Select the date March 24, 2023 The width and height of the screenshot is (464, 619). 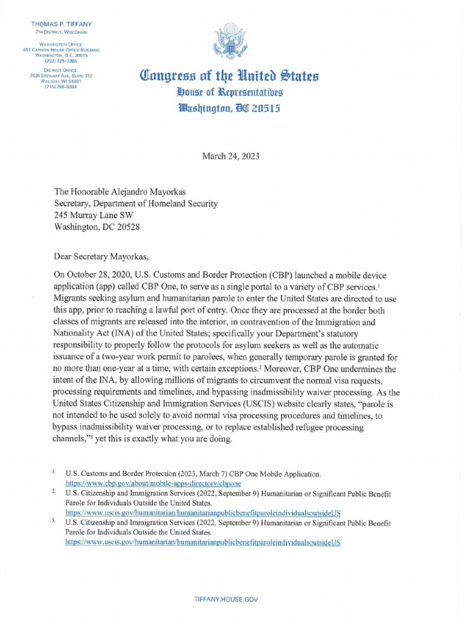[x=231, y=155]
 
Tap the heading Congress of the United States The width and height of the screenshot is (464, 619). [x=229, y=77]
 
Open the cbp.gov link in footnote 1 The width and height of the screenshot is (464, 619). [x=144, y=484]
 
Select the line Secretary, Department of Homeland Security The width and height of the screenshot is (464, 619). [x=136, y=203]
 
